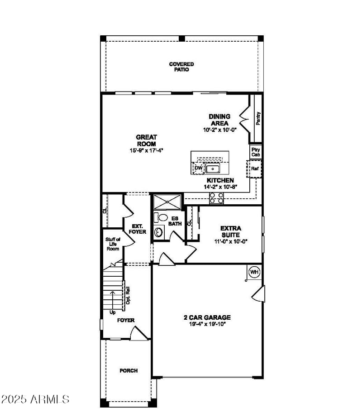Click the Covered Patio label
pos(181,67)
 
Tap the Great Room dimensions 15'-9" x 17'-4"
pos(146,150)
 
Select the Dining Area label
pos(219,120)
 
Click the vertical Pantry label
pos(258,119)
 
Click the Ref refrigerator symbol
pos(255,169)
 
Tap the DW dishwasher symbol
pos(198,168)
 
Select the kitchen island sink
pos(212,169)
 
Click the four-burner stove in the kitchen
pos(216,198)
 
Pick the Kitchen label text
pos(220,180)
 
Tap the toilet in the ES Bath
pos(159,217)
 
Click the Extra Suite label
pos(231,231)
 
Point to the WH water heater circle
pos(254,272)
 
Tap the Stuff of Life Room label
pos(113,244)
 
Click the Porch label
pos(129,370)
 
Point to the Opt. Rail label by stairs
pos(128,295)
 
